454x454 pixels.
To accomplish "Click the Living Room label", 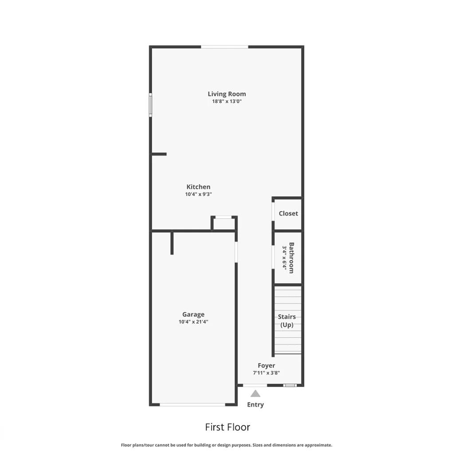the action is click(227, 94).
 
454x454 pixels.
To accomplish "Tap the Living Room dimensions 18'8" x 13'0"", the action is click(227, 102).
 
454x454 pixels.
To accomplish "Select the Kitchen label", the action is click(198, 187).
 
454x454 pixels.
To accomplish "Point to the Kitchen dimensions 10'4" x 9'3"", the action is click(198, 194).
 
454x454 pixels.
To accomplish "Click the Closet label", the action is click(288, 213).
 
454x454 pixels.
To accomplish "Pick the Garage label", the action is click(193, 314).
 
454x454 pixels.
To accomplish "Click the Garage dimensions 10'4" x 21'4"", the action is click(193, 322).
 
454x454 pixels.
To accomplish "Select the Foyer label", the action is click(266, 366).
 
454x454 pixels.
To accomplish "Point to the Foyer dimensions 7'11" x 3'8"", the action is click(266, 373).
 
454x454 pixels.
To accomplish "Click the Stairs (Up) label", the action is click(287, 321).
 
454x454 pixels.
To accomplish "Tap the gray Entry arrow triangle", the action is click(255, 394).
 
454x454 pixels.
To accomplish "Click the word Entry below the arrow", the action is click(255, 405).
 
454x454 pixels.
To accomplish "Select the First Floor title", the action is click(227, 427).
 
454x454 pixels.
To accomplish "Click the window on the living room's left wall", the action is click(150, 105).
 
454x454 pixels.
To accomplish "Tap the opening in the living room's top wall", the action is click(225, 47).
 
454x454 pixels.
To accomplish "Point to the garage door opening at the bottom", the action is click(192, 404).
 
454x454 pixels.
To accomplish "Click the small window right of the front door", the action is click(290, 385).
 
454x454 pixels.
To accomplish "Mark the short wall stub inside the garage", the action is click(172, 243).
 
